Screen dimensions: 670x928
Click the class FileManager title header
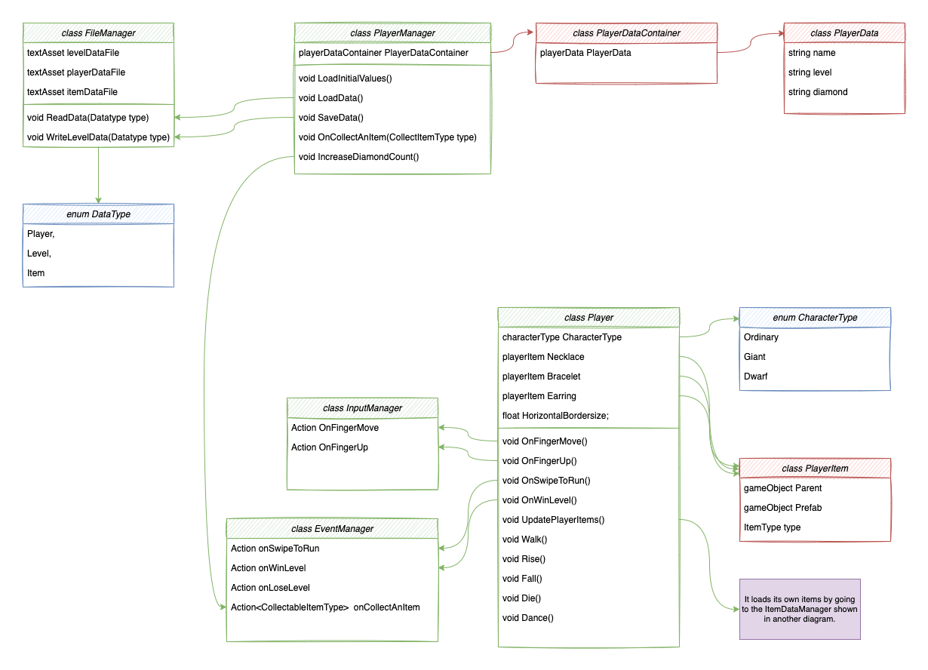coord(98,33)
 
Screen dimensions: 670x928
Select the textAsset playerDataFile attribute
coord(76,72)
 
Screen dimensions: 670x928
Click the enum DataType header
coord(98,214)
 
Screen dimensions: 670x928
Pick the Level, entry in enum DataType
coord(39,254)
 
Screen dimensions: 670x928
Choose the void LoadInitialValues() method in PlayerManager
coord(346,78)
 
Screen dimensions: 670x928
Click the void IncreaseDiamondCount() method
coord(358,157)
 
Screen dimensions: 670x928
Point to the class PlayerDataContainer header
coord(626,33)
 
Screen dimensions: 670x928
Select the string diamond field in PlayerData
coord(818,92)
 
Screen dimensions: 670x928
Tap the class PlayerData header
coord(844,33)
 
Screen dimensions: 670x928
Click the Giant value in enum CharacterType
coord(754,357)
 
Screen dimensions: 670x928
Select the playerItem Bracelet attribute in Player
coord(541,376)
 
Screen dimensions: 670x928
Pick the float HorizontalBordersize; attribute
coord(555,416)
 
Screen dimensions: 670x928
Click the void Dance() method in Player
coord(527,618)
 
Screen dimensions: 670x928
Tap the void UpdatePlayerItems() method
coord(553,520)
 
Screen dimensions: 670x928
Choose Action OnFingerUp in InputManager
coord(330,447)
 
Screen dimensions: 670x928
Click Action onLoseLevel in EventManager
coord(270,588)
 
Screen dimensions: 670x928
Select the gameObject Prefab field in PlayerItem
coord(782,508)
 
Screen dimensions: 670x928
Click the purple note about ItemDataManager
coord(800,609)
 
